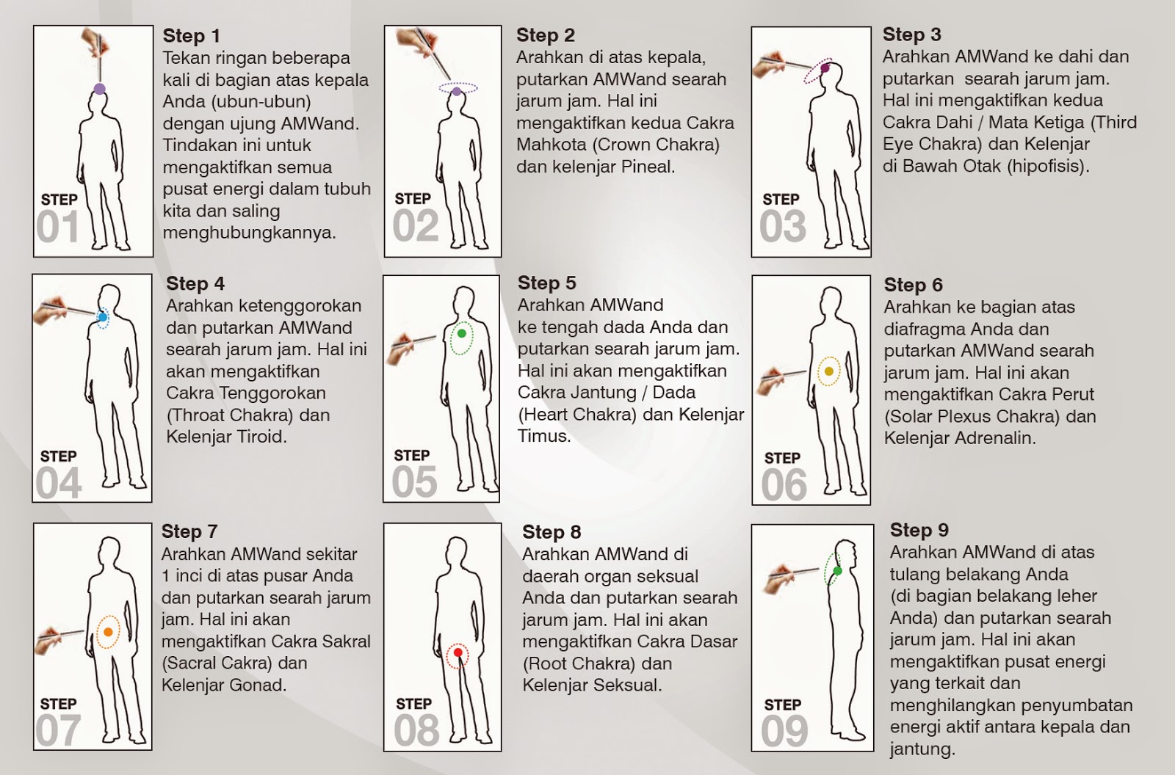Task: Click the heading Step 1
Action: click(x=191, y=36)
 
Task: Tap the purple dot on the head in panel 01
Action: click(x=99, y=89)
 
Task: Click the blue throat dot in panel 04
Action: click(x=102, y=317)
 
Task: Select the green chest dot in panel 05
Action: click(x=461, y=334)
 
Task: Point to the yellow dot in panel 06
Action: click(x=829, y=371)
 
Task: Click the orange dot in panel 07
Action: click(x=108, y=632)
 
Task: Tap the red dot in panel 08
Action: click(x=458, y=652)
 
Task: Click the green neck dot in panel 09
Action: click(x=837, y=570)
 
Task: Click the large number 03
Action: click(x=783, y=227)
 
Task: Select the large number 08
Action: click(x=416, y=731)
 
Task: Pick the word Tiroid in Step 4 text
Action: click(x=258, y=437)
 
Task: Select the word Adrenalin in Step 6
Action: click(x=996, y=438)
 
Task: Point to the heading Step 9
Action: click(x=919, y=530)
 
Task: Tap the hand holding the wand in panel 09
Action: click(x=780, y=578)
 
